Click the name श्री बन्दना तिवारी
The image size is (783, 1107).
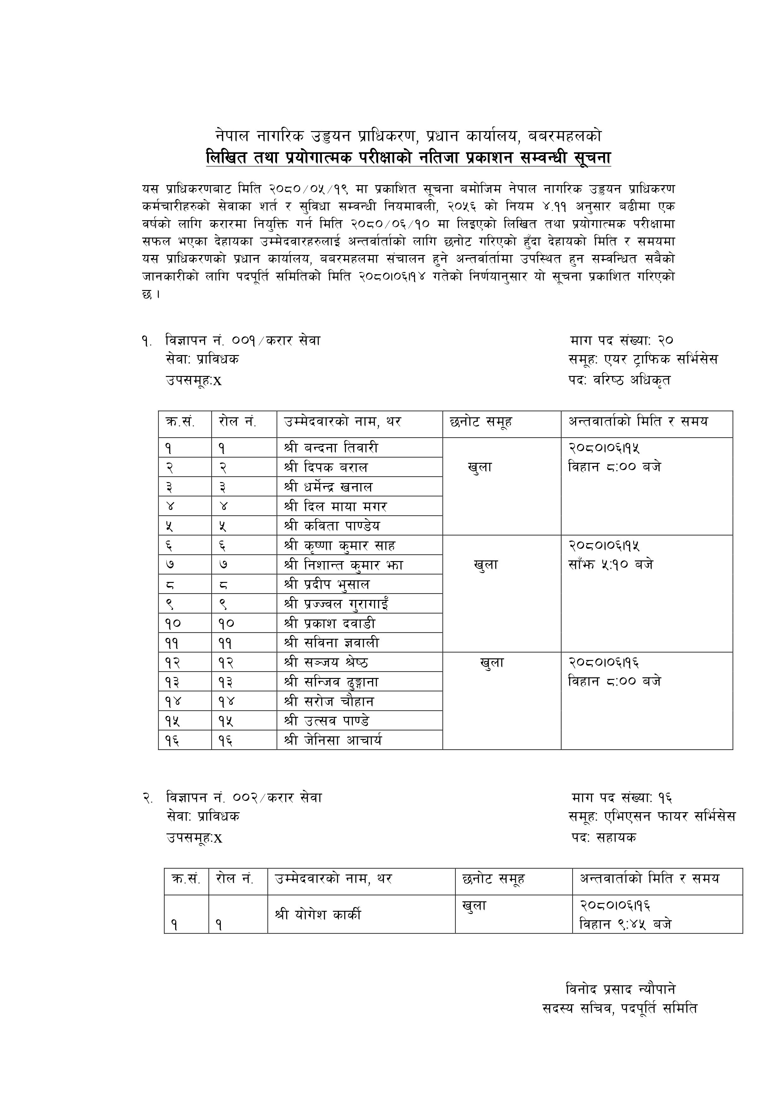click(x=331, y=448)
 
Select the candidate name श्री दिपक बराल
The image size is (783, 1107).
click(x=326, y=467)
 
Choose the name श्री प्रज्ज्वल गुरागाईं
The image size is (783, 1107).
click(x=336, y=604)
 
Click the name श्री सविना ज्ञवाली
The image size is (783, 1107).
click(x=331, y=643)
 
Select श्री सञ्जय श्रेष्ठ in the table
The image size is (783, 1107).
click(x=326, y=662)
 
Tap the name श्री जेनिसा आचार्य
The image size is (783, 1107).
click(x=333, y=740)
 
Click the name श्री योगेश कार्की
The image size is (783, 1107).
click(x=318, y=915)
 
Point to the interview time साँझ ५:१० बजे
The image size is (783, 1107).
click(x=611, y=565)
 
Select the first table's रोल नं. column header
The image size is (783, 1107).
click(x=237, y=422)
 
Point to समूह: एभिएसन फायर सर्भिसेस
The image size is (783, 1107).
click(x=652, y=816)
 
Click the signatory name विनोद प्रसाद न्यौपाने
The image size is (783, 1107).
click(x=620, y=989)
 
